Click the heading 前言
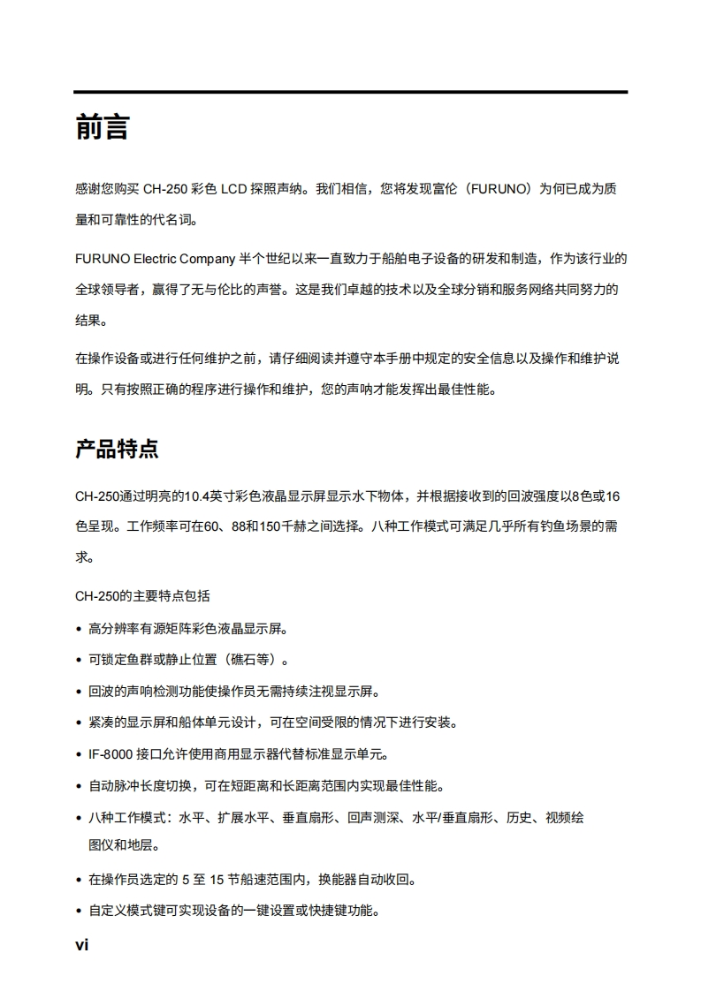tap(103, 128)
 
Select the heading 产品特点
tap(117, 449)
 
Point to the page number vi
tap(81, 945)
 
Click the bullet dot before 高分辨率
tap(80, 630)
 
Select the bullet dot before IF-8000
tap(80, 755)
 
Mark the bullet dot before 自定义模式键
tap(80, 912)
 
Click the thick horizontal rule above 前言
tap(350, 92)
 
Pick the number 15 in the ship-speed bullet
tap(217, 880)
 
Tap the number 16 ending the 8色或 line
tap(611, 496)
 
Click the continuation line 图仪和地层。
tap(124, 845)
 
